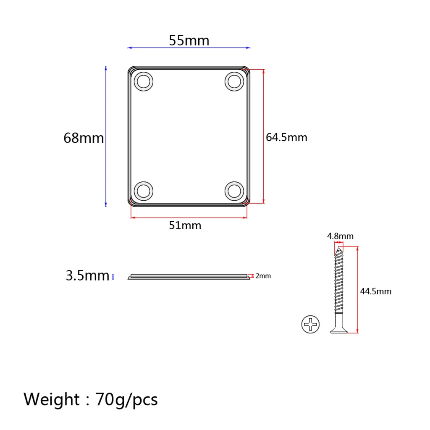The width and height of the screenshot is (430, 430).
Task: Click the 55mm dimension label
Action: (x=189, y=41)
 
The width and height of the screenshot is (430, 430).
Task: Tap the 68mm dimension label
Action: (x=84, y=138)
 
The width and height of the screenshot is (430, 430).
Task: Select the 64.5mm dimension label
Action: (x=286, y=137)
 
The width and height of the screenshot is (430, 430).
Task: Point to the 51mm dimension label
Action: (x=185, y=225)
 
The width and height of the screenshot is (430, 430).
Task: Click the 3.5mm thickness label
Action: (x=87, y=276)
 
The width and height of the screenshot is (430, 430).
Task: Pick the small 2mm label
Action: (x=263, y=276)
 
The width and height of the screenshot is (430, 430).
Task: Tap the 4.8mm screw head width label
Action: (x=340, y=236)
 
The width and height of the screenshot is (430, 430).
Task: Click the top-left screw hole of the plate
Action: (x=144, y=81)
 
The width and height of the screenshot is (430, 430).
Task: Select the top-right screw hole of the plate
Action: (x=234, y=81)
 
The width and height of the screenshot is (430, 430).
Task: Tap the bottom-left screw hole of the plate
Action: (x=144, y=191)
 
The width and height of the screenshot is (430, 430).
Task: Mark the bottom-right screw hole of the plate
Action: (x=234, y=191)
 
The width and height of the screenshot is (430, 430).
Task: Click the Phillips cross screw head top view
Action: (x=310, y=324)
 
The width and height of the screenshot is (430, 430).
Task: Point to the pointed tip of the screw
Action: (x=338, y=249)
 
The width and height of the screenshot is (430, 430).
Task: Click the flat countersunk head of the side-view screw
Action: (x=338, y=331)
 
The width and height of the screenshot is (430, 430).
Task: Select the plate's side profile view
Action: (x=189, y=277)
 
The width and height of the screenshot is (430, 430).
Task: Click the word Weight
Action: (x=51, y=399)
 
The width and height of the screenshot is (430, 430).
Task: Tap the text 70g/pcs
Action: (x=126, y=399)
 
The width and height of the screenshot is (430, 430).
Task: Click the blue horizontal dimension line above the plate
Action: (x=189, y=48)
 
